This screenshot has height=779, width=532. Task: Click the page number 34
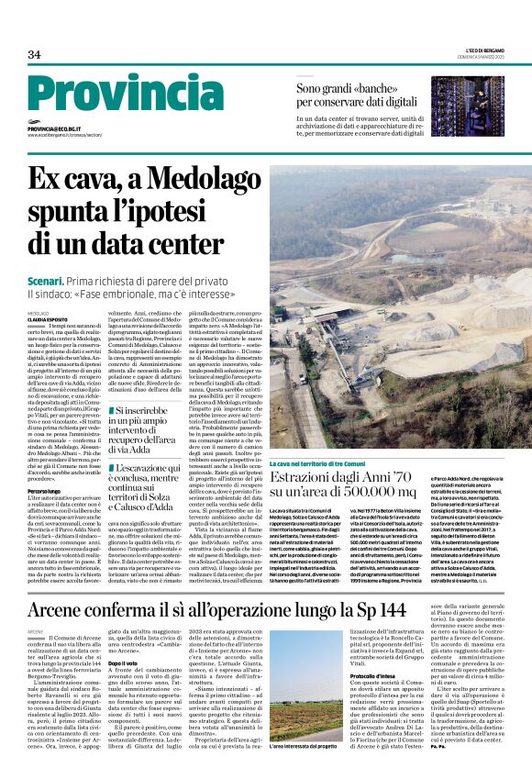(x=34, y=54)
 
